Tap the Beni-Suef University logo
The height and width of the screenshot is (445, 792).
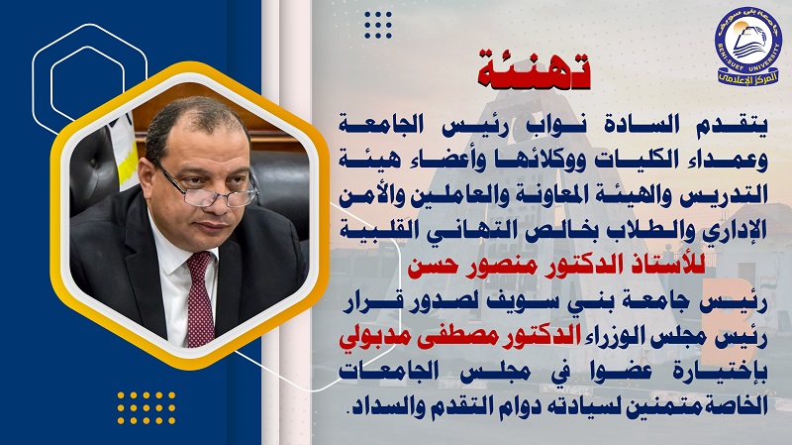point(747,46)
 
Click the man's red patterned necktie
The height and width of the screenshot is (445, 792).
point(201,298)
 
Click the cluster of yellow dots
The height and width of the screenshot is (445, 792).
point(147,407)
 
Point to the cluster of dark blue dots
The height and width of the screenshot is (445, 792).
point(378,25)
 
